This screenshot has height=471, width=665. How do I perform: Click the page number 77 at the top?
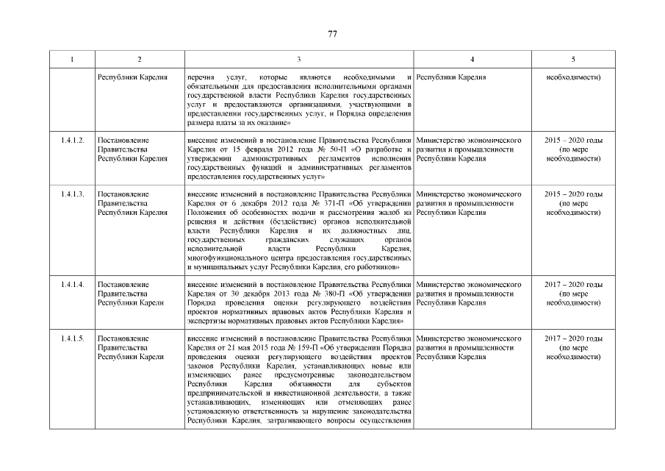332,34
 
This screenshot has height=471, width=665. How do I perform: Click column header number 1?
72,59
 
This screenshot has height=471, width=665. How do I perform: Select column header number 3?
298,59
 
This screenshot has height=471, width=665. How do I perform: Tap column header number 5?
573,59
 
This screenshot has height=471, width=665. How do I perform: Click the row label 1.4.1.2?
72,139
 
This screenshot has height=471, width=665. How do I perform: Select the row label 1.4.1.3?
72,194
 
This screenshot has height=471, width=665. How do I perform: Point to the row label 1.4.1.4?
72,284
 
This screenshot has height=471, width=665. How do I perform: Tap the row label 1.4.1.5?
72,339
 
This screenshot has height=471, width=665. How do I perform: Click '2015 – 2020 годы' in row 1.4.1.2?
573,139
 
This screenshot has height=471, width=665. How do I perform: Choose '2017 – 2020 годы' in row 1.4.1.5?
573,339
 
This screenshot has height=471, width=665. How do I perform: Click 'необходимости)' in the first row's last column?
573,77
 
